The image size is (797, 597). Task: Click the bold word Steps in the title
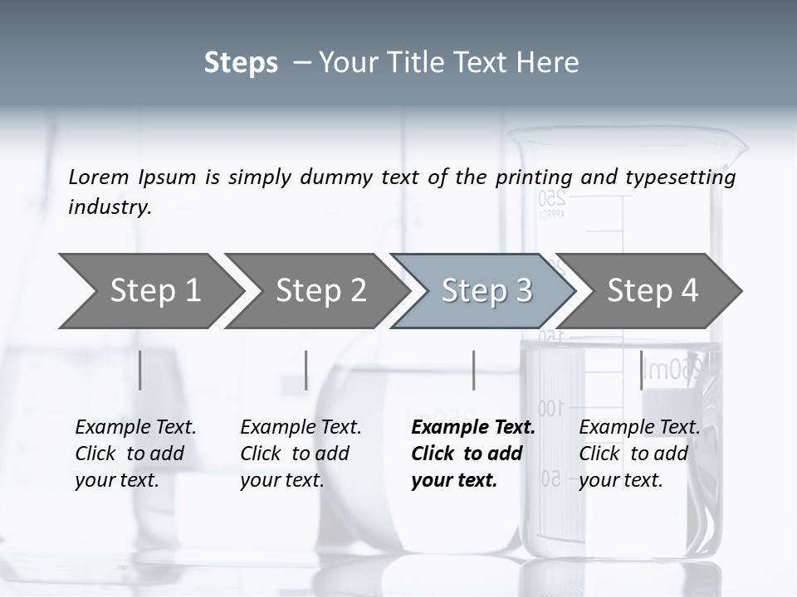tap(241, 63)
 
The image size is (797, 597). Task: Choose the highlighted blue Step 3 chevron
tap(485, 290)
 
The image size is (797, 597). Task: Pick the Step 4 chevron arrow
tap(651, 290)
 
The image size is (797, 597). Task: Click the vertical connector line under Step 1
tap(140, 370)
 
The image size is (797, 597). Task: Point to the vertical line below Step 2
tap(306, 370)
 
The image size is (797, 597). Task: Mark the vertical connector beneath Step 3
tap(473, 370)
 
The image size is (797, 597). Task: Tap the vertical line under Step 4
tap(641, 370)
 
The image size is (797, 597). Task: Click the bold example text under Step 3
tap(472, 454)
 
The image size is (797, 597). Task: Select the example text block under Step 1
tap(135, 454)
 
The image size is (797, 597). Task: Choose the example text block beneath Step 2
tap(301, 454)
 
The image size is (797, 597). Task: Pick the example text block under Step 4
tap(638, 454)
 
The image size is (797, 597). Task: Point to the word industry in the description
tap(110, 206)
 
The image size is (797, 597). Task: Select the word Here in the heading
tap(552, 63)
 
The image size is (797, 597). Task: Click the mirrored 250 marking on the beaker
tap(551, 199)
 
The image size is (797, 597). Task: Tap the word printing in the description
tap(534, 177)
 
